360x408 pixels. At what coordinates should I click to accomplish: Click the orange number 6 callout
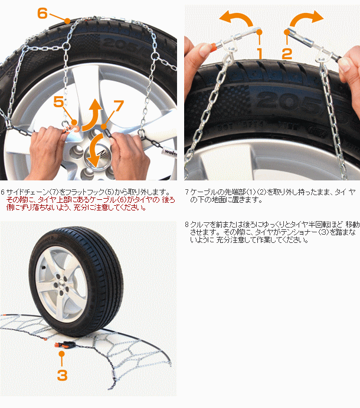click(42, 12)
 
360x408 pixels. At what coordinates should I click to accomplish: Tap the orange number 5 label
click(59, 102)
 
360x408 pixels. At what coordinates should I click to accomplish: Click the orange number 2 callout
click(287, 54)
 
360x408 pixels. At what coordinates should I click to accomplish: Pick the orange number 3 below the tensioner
click(62, 374)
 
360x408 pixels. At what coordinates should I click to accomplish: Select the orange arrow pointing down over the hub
click(94, 154)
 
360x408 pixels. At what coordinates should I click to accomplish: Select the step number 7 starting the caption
click(186, 192)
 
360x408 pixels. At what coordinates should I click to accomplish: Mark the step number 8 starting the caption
click(186, 225)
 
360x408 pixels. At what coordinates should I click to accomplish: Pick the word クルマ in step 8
click(199, 225)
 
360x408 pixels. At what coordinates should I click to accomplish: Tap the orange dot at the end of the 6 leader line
click(68, 21)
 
